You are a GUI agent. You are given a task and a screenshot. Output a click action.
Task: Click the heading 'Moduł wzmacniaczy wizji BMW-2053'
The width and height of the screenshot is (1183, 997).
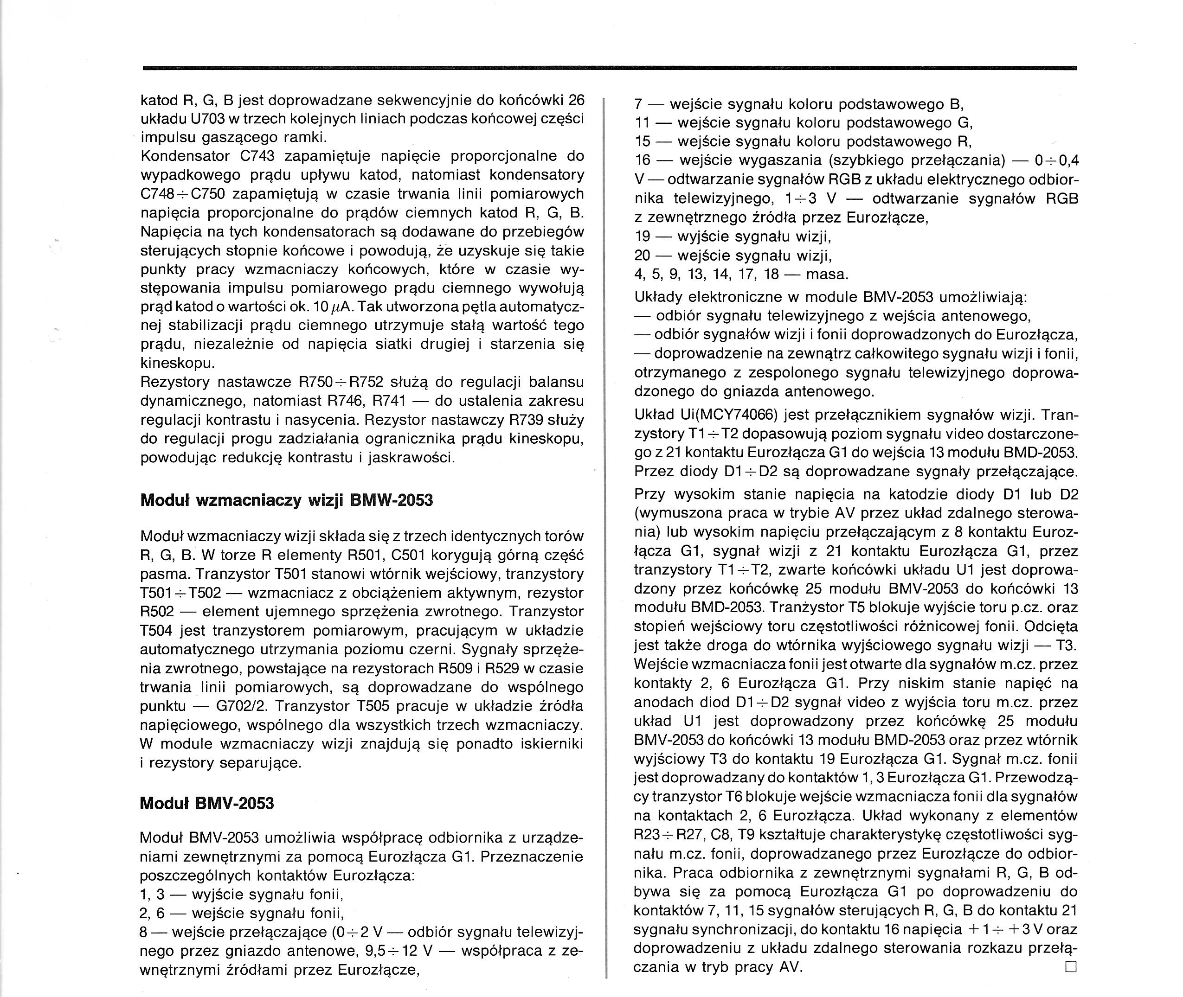(x=286, y=500)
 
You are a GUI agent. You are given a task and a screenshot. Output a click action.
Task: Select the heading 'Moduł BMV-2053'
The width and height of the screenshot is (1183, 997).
(x=206, y=803)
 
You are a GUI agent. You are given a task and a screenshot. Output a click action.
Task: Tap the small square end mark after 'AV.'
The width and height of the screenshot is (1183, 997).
(x=1070, y=966)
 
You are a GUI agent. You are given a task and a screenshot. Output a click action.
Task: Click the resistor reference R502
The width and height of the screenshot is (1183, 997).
(x=160, y=612)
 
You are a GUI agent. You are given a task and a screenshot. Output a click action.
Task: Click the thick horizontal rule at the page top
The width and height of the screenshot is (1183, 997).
(x=610, y=68)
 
